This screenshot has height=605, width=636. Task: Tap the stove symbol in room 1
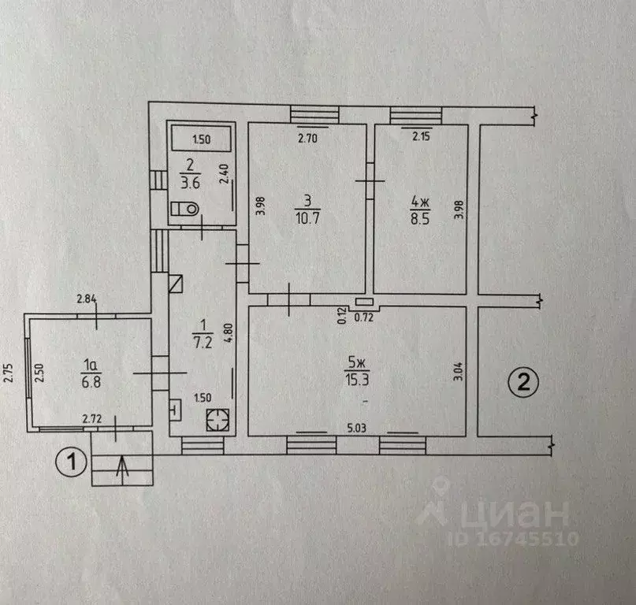[217, 420]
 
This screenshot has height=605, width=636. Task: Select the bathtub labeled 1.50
[202, 140]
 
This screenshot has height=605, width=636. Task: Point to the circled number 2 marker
[523, 384]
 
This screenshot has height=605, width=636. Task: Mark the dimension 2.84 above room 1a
[87, 299]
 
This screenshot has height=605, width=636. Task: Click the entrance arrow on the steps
[121, 468]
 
